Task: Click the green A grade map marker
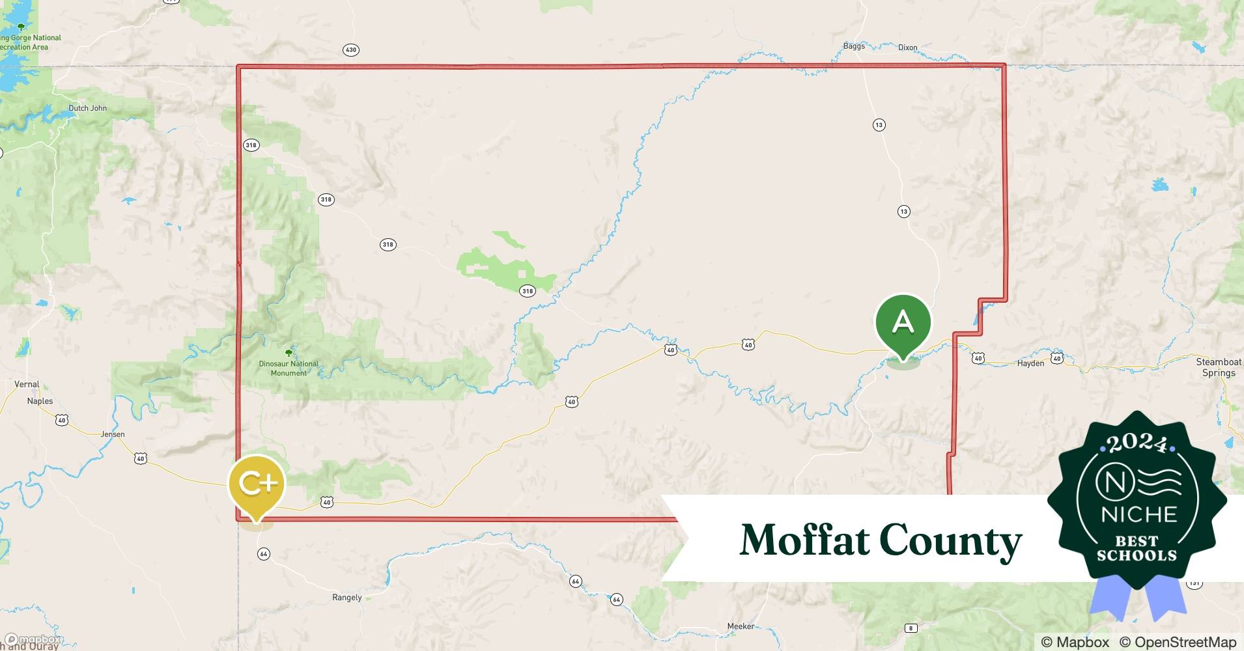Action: click(x=903, y=322)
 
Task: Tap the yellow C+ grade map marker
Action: click(x=257, y=484)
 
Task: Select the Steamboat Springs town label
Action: click(x=1218, y=367)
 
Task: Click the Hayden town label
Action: click(x=1030, y=363)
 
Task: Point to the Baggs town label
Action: click(x=854, y=46)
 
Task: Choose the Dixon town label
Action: click(x=907, y=48)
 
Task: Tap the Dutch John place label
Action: click(x=87, y=108)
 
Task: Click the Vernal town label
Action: click(x=27, y=384)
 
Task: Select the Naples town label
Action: click(x=40, y=401)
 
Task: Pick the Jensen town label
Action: click(x=113, y=434)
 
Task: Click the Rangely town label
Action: click(x=346, y=598)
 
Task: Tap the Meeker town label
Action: click(x=741, y=626)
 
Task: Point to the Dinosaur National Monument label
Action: click(x=289, y=368)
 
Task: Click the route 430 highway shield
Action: click(x=351, y=50)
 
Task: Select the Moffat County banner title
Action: click(x=881, y=540)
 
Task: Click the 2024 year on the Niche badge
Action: click(x=1137, y=443)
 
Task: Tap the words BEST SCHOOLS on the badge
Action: click(x=1137, y=548)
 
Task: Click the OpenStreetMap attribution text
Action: click(x=1178, y=642)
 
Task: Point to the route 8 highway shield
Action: click(x=911, y=628)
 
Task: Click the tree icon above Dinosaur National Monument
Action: click(x=289, y=353)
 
